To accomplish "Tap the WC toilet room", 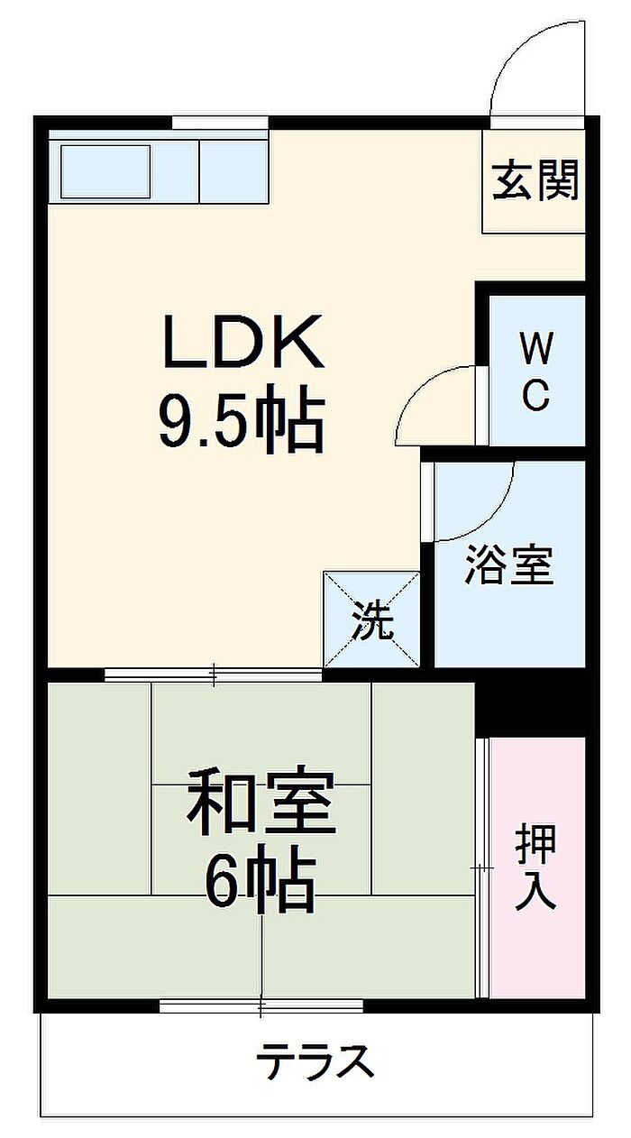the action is tap(536, 370).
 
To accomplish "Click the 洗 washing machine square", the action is tap(372, 619).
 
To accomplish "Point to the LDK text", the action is tap(242, 342).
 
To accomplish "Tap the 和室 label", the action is tap(261, 802).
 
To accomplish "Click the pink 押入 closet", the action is tap(537, 867).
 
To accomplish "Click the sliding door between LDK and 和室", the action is tap(213, 673).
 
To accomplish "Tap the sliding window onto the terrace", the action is tap(261, 1005).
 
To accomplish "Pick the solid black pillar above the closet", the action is tap(530, 702).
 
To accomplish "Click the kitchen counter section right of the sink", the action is tap(233, 170).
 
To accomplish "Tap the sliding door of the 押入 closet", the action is tap(483, 867).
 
